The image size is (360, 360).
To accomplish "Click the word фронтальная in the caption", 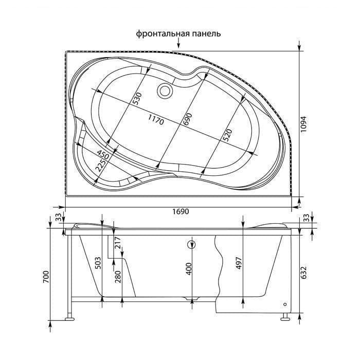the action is click(163, 34).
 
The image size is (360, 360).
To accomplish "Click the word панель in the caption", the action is click(206, 34).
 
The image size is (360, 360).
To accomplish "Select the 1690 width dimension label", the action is click(181, 211).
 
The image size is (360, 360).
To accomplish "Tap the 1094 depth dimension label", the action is click(304, 124).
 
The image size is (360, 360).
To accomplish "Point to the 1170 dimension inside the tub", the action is click(156, 120).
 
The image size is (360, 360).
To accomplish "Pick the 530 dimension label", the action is click(138, 99).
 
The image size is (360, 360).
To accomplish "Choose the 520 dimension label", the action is click(227, 135).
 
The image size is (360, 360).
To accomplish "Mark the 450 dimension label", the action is click(102, 155).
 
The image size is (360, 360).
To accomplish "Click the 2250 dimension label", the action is click(101, 165).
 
